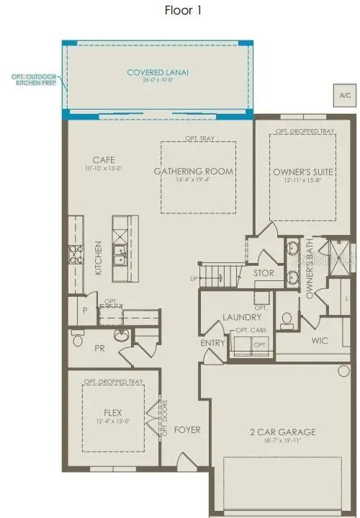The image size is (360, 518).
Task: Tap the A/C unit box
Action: coord(343,94)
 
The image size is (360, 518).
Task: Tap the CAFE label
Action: coord(103,160)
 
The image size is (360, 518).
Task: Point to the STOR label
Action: coord(264,274)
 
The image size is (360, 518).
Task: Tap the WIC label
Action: coord(320,340)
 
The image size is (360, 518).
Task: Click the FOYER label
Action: coord(187,430)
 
